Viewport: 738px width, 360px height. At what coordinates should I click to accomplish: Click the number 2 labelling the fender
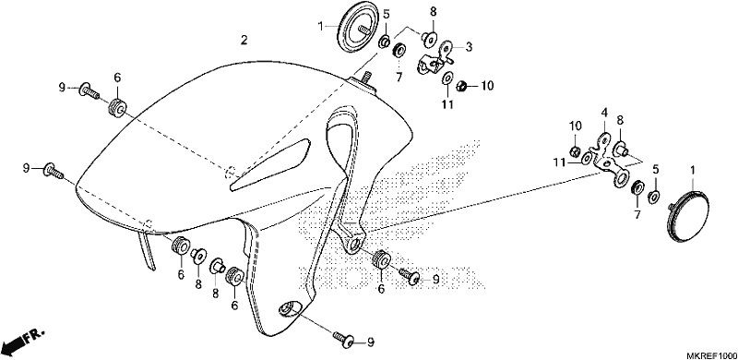[244, 40]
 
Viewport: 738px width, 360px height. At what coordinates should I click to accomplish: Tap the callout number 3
[469, 47]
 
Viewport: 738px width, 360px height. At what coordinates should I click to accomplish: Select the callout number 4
[604, 113]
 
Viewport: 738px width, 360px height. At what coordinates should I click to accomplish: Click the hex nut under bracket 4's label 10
[575, 151]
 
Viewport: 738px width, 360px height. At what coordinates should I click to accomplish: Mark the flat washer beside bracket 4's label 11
[587, 159]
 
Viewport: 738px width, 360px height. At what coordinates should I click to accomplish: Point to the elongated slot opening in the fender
[269, 165]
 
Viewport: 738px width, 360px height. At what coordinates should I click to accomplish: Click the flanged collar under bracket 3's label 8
[430, 40]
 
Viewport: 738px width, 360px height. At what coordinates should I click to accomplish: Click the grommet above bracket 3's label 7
[400, 49]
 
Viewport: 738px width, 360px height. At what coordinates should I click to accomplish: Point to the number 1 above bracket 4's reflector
[692, 169]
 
